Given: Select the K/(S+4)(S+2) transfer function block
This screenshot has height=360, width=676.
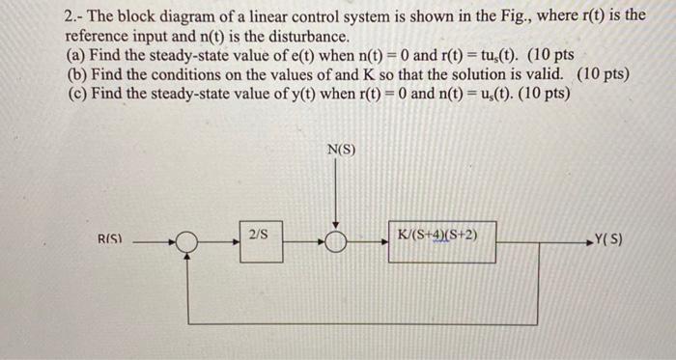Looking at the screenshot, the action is [x=441, y=241].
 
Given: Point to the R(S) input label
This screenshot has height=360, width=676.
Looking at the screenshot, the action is [x=108, y=237].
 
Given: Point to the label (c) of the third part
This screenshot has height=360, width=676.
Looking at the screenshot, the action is [x=76, y=93].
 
